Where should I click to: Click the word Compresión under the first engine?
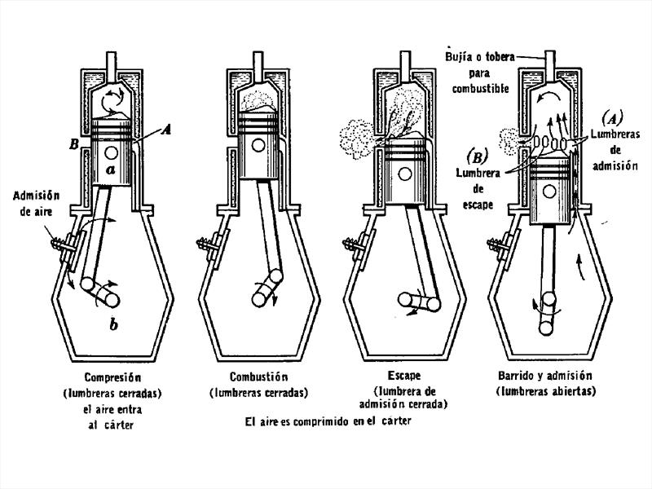112,378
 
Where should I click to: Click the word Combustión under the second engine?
258,377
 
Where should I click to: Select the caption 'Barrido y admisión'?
544,377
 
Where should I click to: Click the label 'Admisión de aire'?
35,204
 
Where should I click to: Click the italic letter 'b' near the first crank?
112,325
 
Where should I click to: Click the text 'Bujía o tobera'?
478,57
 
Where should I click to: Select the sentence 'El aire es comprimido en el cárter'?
328,421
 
